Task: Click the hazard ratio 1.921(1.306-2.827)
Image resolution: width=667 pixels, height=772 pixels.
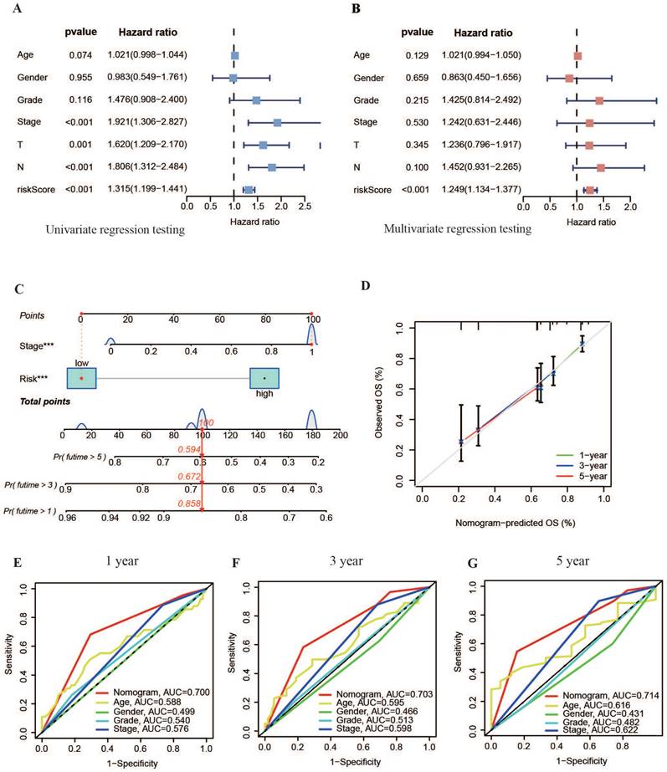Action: pos(147,122)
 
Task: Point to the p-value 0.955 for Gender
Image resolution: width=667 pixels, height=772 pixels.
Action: pos(82,78)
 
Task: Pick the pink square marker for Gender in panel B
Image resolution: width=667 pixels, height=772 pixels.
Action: pos(569,79)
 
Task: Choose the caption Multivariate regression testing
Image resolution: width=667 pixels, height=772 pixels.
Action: pos(457,228)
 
